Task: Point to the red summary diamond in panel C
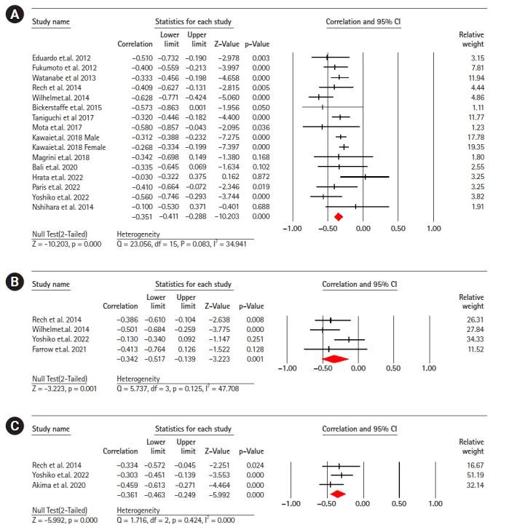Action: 337,496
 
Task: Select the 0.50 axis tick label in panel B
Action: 393,369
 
